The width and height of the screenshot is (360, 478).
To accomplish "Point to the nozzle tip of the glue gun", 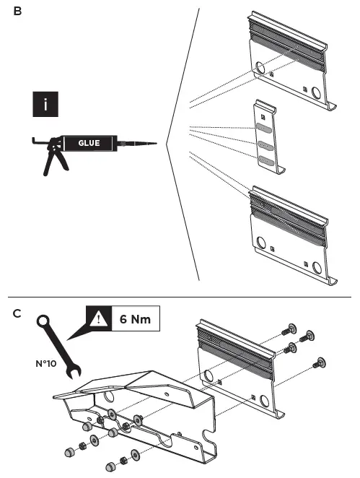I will pyautogui.click(x=154, y=143).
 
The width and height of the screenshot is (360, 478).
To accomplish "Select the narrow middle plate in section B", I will pyautogui.click(x=265, y=141).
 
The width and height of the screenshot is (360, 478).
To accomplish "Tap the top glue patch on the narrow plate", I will pyautogui.click(x=264, y=129).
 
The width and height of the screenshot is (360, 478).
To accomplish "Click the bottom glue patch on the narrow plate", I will pyautogui.click(x=265, y=160).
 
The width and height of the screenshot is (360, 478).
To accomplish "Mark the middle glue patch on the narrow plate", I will pyautogui.click(x=264, y=144).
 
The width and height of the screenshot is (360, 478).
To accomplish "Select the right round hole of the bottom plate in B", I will pyautogui.click(x=316, y=267).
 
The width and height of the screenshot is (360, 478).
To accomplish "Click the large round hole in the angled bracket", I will pyautogui.click(x=111, y=396).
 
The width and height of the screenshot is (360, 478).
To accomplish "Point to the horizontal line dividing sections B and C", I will pyautogui.click(x=180, y=297).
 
